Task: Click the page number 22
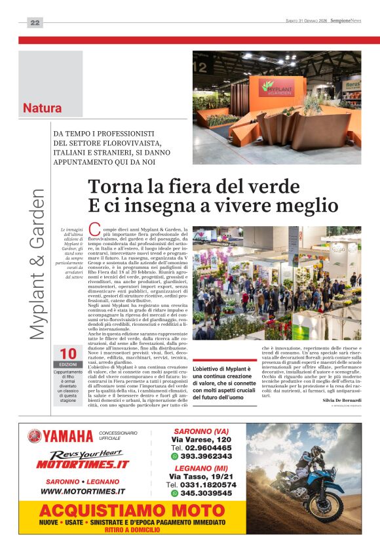(35, 23)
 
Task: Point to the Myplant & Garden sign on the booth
(278, 87)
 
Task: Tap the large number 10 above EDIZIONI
(68, 354)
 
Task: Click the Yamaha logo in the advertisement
(61, 436)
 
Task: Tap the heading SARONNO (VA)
(201, 431)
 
